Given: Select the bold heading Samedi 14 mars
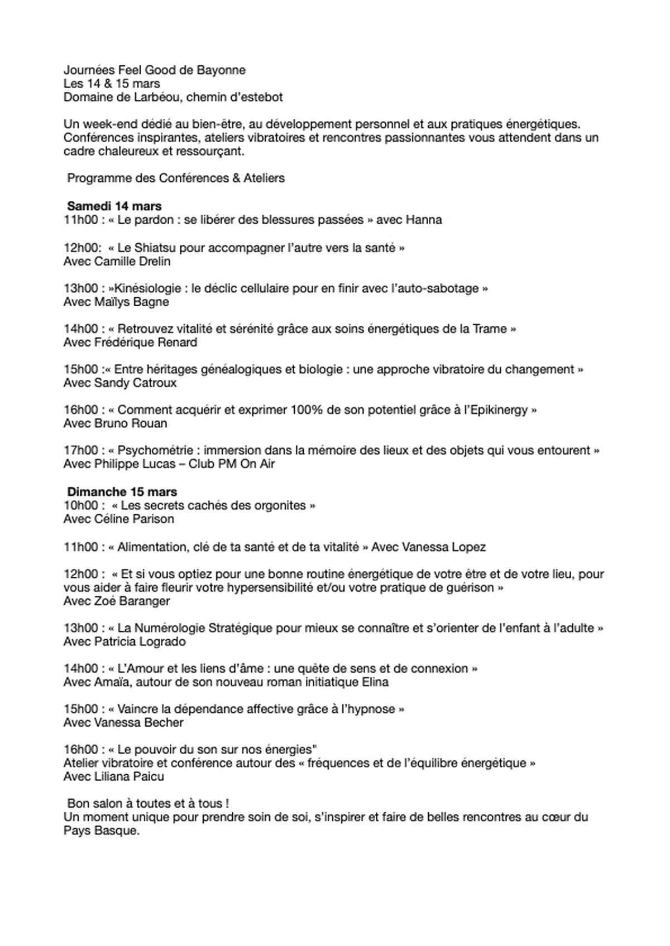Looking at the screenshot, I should [x=114, y=206].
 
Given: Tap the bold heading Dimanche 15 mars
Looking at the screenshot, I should [x=122, y=492].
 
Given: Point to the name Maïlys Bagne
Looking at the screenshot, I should [x=132, y=302].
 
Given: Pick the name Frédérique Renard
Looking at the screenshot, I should [x=146, y=342].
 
